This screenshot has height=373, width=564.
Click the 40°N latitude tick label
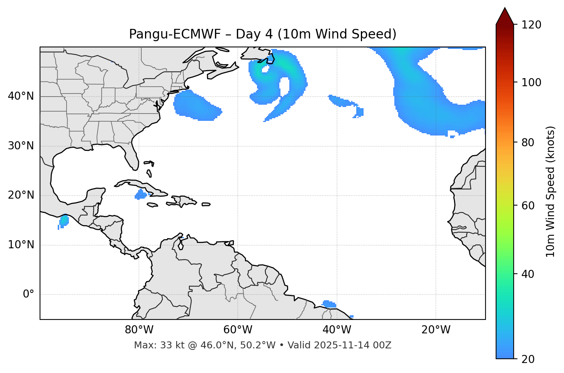[x=21, y=96]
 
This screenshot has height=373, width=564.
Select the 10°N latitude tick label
[x=21, y=245]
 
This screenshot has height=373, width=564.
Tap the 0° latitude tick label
[x=28, y=294]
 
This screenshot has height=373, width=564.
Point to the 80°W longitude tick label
[x=139, y=330]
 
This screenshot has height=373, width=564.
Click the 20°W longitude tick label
[x=436, y=330]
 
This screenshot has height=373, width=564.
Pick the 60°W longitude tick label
[x=238, y=330]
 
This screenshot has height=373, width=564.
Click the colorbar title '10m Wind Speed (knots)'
[x=551, y=191]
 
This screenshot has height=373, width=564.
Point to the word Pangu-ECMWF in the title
[x=175, y=34]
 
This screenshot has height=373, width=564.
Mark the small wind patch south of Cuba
[x=140, y=195]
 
